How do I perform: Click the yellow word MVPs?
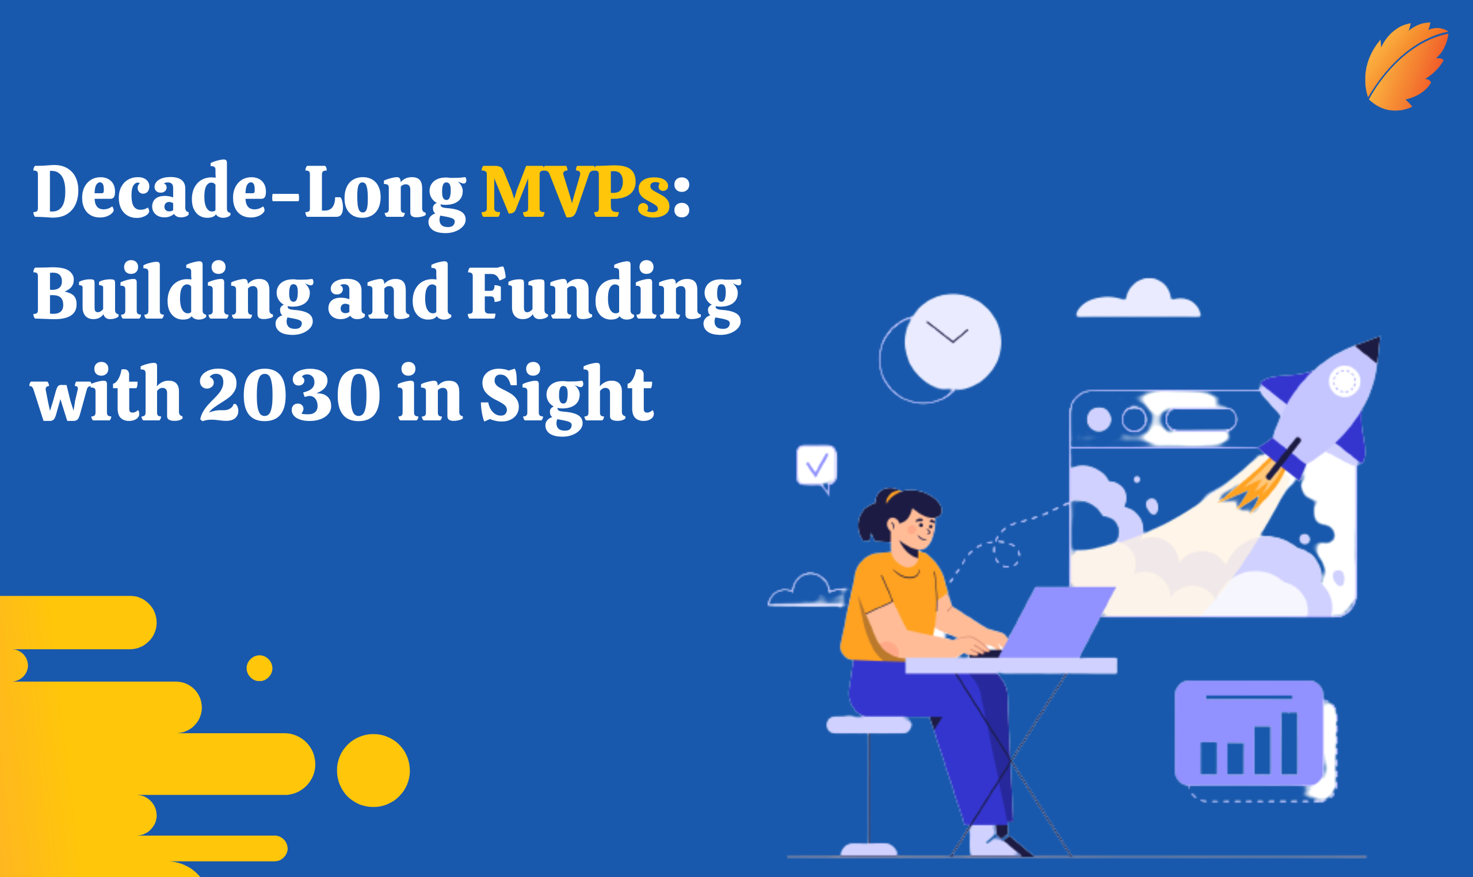click(x=575, y=193)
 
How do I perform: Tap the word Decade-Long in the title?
click(x=248, y=193)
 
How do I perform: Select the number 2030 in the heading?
click(x=289, y=395)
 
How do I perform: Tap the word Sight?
click(x=566, y=395)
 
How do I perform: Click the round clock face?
click(x=952, y=342)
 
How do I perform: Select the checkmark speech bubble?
click(x=816, y=466)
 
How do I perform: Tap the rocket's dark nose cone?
click(x=1369, y=348)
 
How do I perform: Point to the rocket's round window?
click(x=1344, y=381)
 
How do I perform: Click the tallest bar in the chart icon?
click(x=1288, y=743)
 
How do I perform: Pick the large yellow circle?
click(x=373, y=770)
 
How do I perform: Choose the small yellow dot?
click(x=259, y=668)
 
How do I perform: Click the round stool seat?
click(x=868, y=725)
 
